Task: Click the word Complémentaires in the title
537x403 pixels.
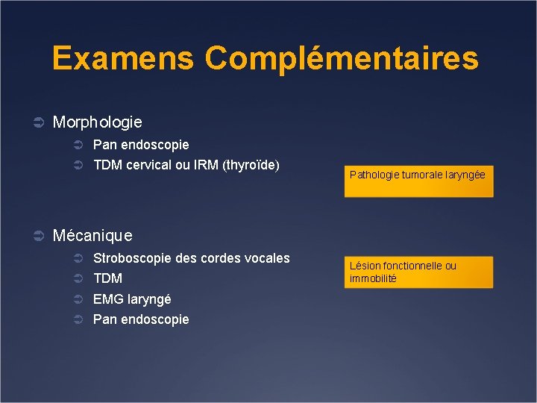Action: point(342,58)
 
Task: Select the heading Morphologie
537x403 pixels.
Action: point(97,121)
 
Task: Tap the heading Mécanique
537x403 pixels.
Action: point(92,236)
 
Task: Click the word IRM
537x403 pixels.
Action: point(207,165)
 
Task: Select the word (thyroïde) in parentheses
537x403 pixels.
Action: point(251,165)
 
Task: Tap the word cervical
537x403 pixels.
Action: point(148,165)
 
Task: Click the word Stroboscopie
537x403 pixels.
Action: point(130,258)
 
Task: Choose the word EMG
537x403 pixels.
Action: point(107,299)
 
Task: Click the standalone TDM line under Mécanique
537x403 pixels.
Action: point(107,278)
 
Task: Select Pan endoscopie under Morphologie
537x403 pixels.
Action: point(141,144)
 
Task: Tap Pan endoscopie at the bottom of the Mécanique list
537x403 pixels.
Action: point(141,319)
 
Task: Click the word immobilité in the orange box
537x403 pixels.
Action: point(373,278)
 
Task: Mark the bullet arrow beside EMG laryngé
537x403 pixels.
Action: point(78,299)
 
